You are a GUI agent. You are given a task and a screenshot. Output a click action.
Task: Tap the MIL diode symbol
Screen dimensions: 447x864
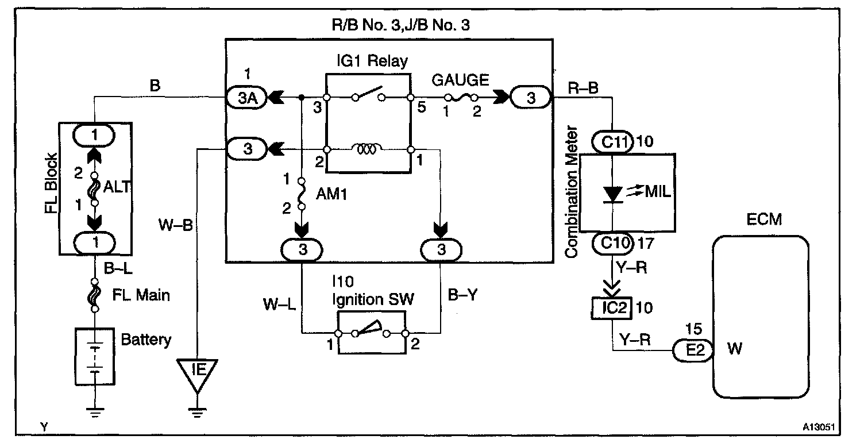(x=614, y=194)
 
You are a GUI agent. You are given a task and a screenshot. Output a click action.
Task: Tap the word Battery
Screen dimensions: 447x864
(x=146, y=340)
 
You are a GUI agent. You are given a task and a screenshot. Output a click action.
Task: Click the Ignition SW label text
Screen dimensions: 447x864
(x=371, y=299)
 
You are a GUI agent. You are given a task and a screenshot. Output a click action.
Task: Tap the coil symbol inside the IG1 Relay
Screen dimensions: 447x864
(x=368, y=149)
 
